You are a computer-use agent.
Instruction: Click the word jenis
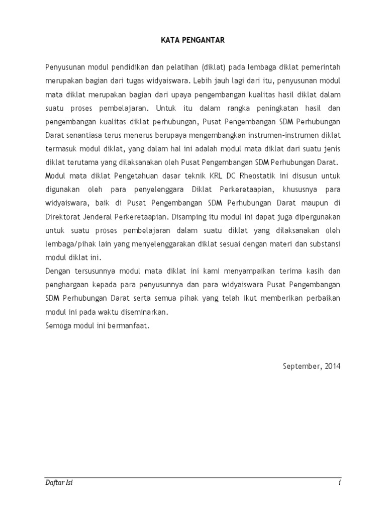click(x=330, y=149)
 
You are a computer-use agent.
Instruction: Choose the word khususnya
click(x=286, y=190)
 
